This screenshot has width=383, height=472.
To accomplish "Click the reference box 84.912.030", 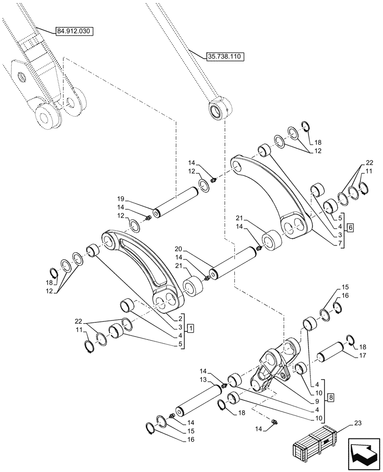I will [75, 32].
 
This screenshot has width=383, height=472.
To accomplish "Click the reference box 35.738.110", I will [224, 56].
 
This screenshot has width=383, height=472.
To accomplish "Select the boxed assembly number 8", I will [331, 398].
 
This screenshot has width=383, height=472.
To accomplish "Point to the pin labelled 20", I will [234, 262].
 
